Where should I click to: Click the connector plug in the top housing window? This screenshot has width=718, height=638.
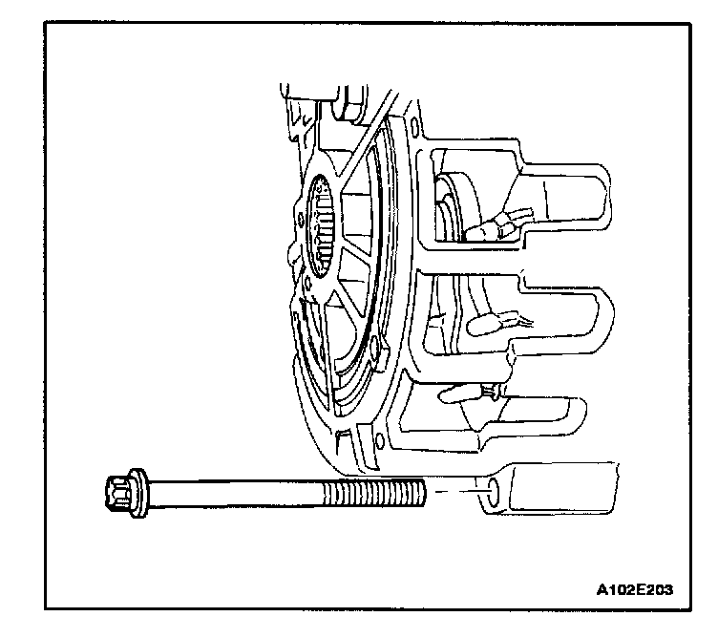(x=497, y=227)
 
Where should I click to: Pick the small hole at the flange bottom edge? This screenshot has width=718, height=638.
(x=381, y=441)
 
